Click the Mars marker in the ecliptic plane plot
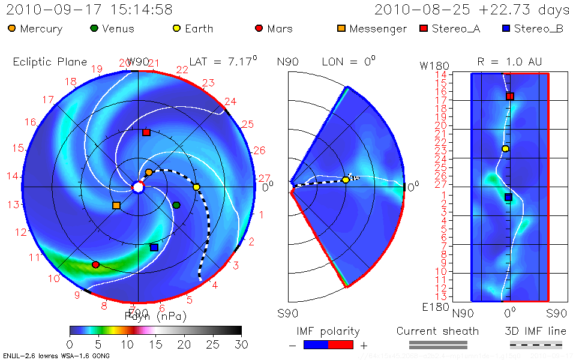(x=95, y=265)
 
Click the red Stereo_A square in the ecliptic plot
(x=146, y=133)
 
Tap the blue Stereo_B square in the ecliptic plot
(x=154, y=247)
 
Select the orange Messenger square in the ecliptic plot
(x=116, y=206)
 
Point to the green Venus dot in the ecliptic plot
(x=176, y=205)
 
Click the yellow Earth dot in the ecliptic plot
(x=196, y=187)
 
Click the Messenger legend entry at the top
(x=372, y=29)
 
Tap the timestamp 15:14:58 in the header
(x=141, y=10)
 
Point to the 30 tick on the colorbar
(x=241, y=344)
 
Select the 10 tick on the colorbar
(x=127, y=344)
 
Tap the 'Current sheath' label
(x=437, y=331)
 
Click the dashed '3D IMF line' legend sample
(x=536, y=345)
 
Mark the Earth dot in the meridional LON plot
(x=346, y=179)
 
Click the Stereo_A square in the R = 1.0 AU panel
(x=510, y=96)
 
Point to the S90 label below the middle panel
(x=287, y=313)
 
